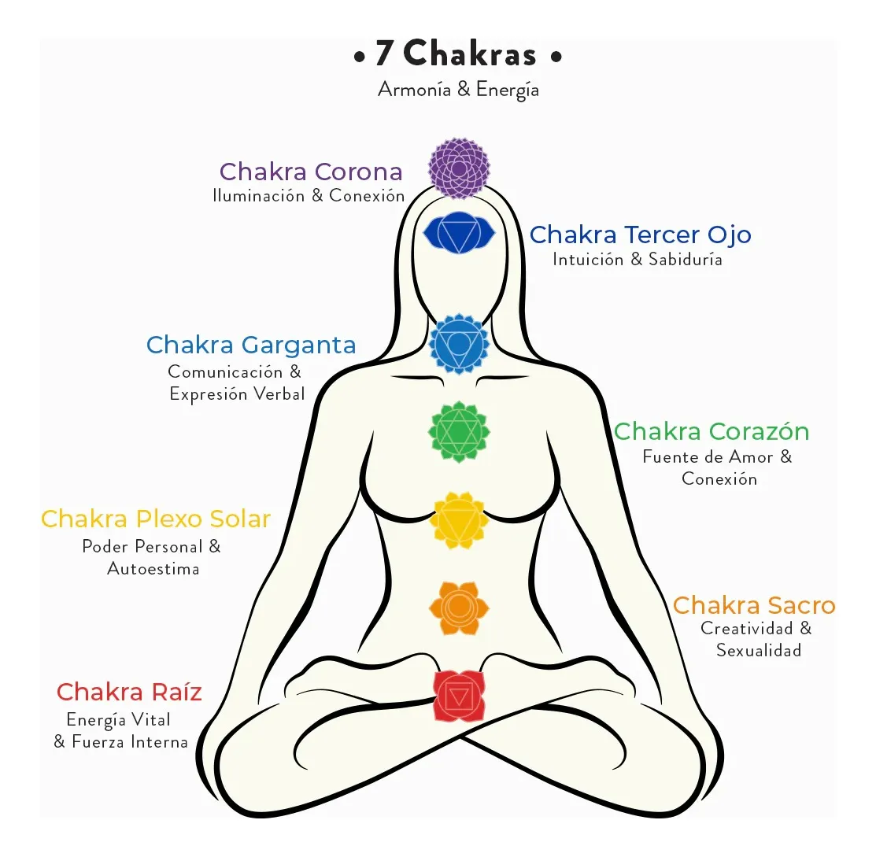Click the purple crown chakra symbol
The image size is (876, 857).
(x=459, y=168)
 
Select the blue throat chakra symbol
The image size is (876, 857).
(x=459, y=344)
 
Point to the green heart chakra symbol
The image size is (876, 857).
(x=459, y=432)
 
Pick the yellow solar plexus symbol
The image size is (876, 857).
(x=459, y=520)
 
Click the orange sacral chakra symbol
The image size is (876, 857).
(x=459, y=608)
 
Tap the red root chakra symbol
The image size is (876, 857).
(x=459, y=696)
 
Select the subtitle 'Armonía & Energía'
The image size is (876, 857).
(x=458, y=90)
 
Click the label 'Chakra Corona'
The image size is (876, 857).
(x=311, y=172)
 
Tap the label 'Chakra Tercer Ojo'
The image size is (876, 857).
(x=640, y=235)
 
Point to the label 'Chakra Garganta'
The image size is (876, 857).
(x=251, y=345)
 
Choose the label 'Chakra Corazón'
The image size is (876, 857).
(x=712, y=431)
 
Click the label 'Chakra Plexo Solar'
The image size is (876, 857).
(x=156, y=519)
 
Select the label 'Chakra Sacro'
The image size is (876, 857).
(x=754, y=606)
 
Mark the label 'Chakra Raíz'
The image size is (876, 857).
(x=129, y=693)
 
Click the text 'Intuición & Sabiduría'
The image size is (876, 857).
(x=638, y=259)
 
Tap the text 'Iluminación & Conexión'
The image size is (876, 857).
(x=309, y=195)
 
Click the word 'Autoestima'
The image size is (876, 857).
(x=153, y=569)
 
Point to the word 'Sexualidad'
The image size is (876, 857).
(x=759, y=650)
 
